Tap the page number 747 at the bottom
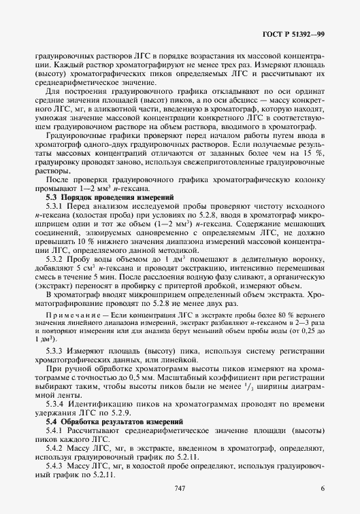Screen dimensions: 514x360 (180, 488)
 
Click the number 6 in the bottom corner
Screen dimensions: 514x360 (322, 488)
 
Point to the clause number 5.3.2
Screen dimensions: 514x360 (54, 279)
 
